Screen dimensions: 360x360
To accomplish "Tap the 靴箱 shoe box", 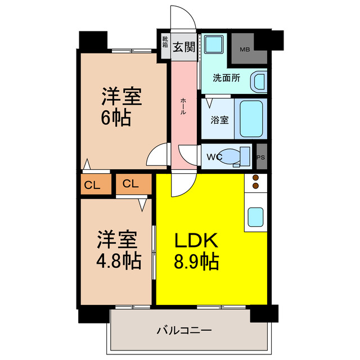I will (165, 43).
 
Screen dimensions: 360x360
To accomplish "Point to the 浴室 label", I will (219, 119).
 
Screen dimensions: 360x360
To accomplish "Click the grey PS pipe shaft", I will (261, 157).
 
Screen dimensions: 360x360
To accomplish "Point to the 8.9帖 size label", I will (196, 262).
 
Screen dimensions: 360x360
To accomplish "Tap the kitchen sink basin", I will (255, 216).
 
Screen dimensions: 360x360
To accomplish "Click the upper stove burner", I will (255, 178).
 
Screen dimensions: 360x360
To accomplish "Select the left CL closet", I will (93, 184).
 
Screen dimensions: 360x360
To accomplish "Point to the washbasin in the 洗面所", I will (259, 81).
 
